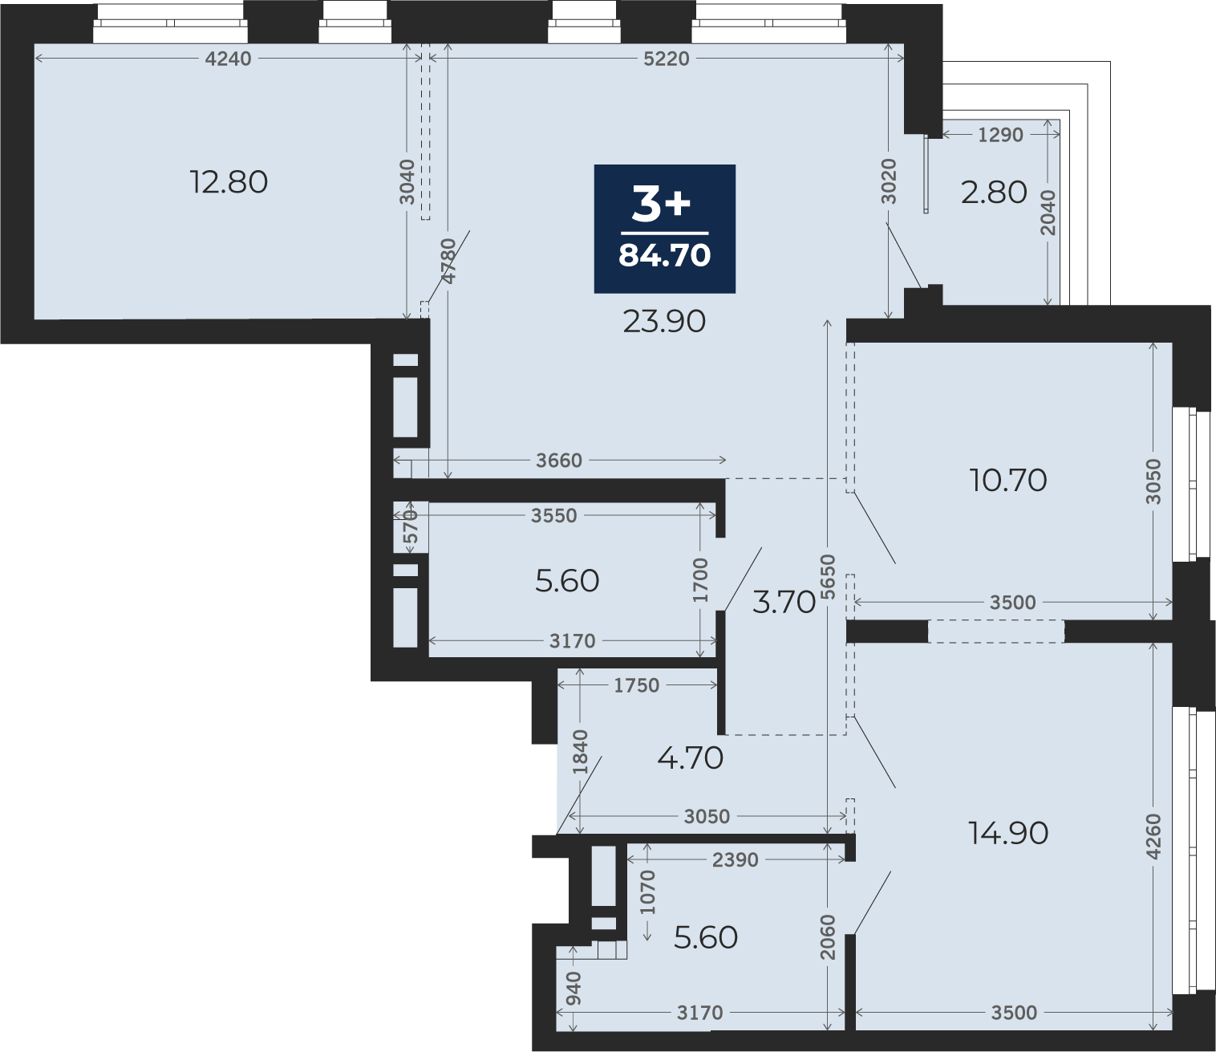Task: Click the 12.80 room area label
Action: [x=229, y=182]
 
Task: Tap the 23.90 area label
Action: [x=664, y=322]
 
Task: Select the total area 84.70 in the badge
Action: [x=664, y=255]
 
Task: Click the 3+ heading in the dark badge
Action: [x=661, y=205]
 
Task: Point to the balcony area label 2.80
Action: [x=994, y=193]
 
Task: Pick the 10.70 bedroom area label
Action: [x=1007, y=480]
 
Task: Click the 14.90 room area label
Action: [x=1007, y=833]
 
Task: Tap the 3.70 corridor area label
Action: [x=784, y=603]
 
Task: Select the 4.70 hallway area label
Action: [x=690, y=758]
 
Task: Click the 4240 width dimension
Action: [x=229, y=59]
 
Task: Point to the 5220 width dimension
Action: [x=666, y=59]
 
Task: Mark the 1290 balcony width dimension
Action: [x=1000, y=135]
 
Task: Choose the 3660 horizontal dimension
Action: [x=559, y=461]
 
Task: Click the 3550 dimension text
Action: [x=554, y=516]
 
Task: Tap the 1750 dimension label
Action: [x=637, y=685]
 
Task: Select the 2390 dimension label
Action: [x=736, y=860]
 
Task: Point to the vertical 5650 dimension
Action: [x=828, y=577]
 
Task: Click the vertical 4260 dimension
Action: [x=1153, y=836]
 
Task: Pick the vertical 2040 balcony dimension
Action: [x=1048, y=213]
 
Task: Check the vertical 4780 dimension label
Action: [x=448, y=261]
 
